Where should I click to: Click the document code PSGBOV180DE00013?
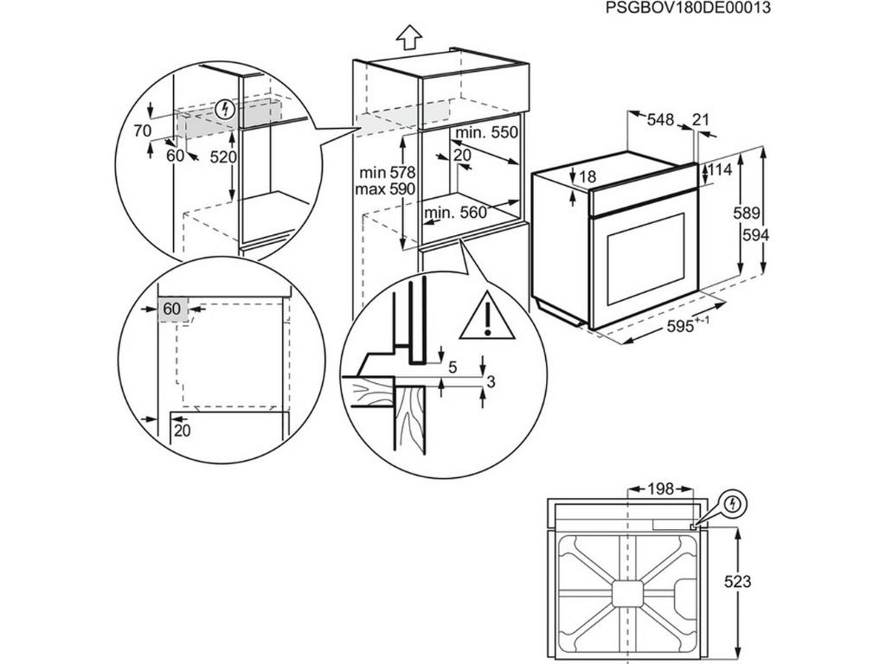click(688, 8)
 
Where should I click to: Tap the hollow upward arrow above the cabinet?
click(408, 36)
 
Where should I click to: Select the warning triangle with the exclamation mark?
click(487, 316)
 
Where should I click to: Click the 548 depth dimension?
click(660, 121)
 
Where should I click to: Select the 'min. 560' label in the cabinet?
click(456, 214)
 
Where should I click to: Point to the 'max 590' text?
click(386, 189)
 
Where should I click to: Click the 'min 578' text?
click(386, 173)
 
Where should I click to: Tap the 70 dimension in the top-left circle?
click(143, 131)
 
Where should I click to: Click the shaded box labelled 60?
click(173, 309)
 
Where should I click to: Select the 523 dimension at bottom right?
click(737, 582)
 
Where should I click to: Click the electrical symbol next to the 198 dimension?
click(734, 503)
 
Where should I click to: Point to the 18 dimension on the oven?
click(587, 177)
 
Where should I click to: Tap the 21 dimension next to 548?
click(701, 121)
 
